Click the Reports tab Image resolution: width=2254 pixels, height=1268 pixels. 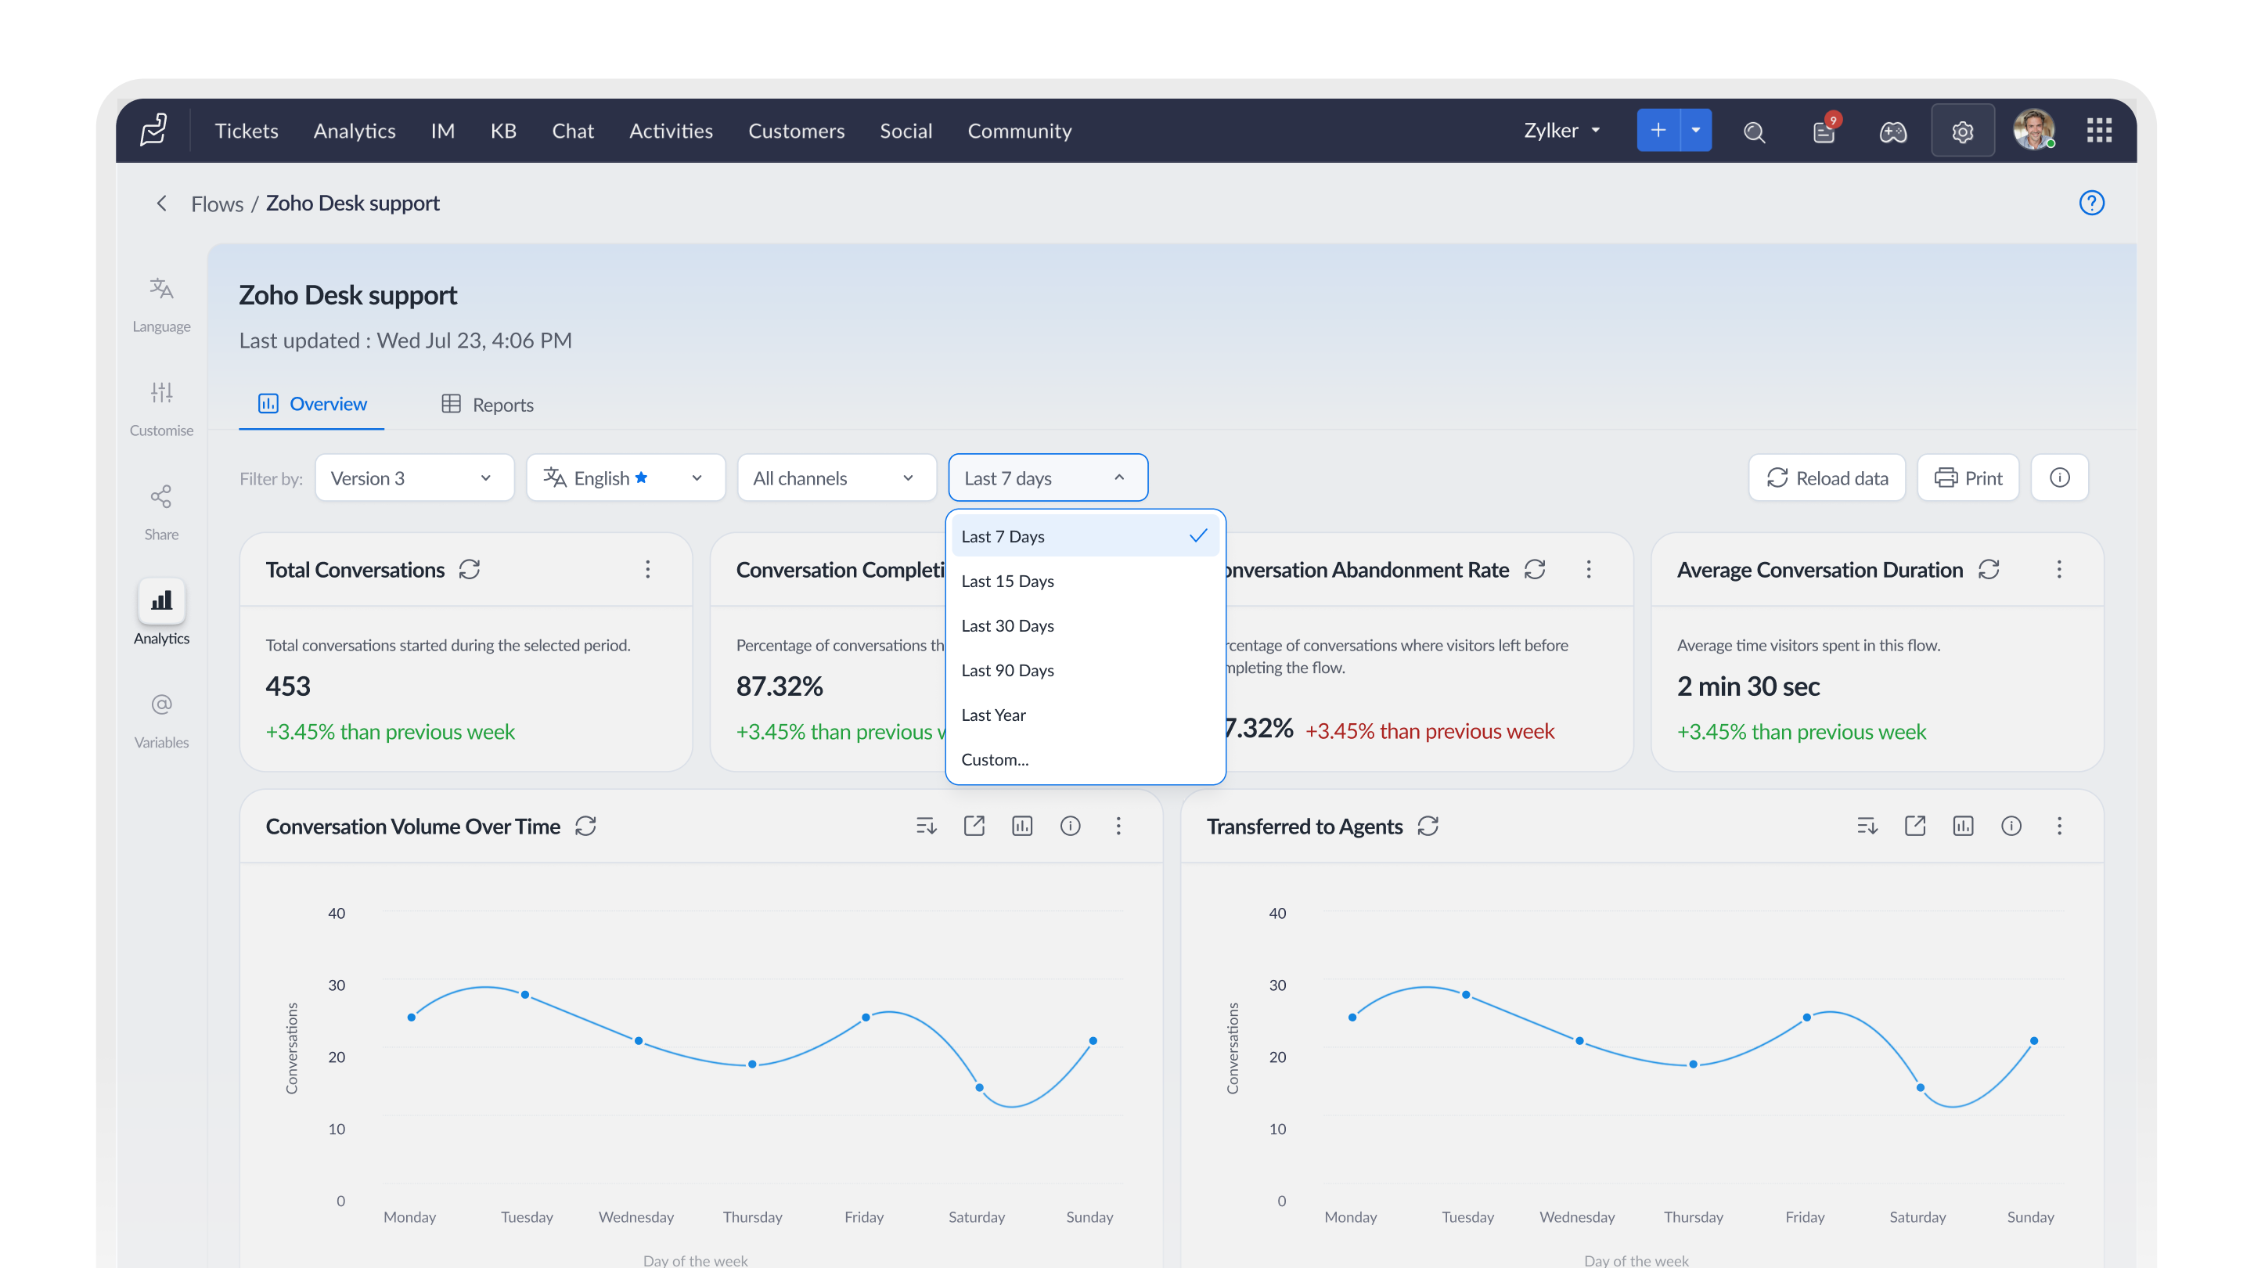[488, 405]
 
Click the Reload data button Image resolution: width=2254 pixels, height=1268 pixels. [1826, 477]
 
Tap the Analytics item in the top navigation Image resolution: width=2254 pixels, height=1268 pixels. [355, 131]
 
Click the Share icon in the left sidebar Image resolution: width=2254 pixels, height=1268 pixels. [161, 497]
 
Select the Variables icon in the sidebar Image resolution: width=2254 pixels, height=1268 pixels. [161, 704]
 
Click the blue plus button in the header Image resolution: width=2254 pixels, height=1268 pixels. [1658, 131]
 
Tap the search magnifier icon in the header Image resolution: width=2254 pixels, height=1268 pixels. [1755, 132]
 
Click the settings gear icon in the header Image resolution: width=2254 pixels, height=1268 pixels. [1963, 131]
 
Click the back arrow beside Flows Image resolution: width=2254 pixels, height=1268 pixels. [161, 204]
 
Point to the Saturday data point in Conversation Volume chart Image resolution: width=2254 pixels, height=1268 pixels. [979, 1088]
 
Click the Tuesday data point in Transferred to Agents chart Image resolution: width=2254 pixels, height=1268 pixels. [1466, 995]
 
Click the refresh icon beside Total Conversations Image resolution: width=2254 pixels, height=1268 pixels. [470, 570]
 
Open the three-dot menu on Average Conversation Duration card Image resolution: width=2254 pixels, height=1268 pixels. [2059, 570]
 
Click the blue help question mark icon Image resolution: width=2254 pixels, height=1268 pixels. [2091, 203]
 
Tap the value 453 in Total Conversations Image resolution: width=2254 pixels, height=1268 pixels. [288, 687]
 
